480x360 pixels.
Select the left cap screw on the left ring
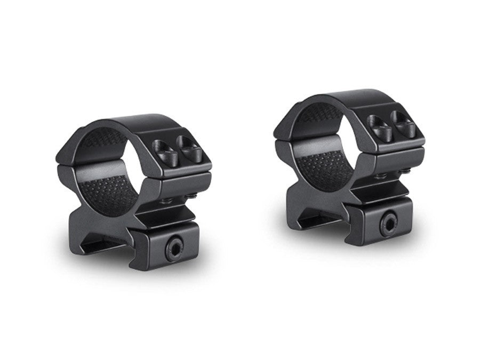[x=164, y=150]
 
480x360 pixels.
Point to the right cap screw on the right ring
[x=403, y=123]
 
